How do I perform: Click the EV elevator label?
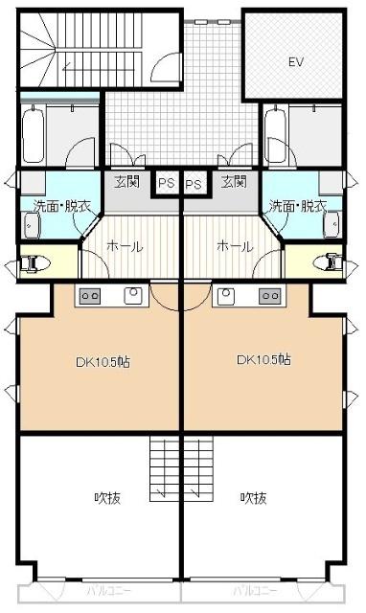296,61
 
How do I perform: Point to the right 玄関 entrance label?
233,181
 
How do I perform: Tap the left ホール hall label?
124,246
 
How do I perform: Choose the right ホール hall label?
236,246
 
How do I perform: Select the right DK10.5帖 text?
265,361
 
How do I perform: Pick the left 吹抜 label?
105,498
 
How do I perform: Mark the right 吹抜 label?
253,498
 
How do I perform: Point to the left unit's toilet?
34,261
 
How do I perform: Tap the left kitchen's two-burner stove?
89,296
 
